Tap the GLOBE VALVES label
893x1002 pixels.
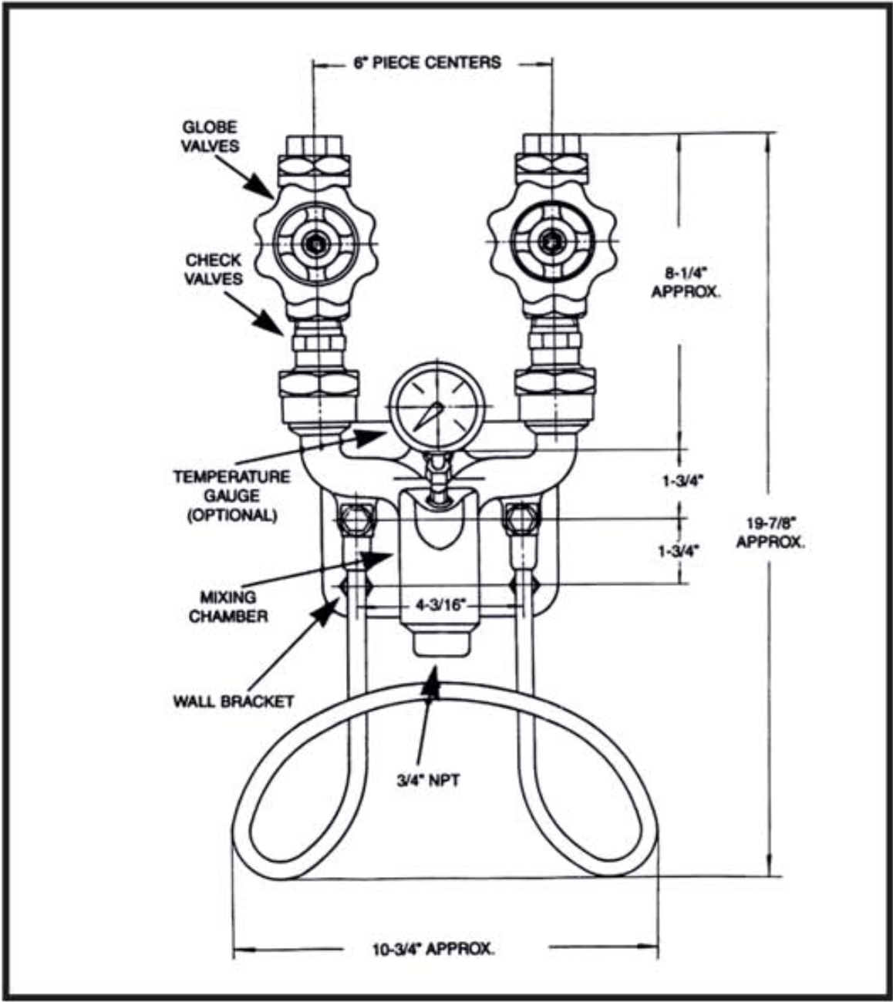pos(210,136)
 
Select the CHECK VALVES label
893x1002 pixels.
pos(213,269)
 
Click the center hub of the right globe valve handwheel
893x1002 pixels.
pos(551,242)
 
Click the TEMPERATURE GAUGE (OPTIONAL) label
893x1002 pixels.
pos(231,496)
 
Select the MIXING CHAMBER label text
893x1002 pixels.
pos(228,606)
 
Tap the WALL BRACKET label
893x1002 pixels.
pos(233,701)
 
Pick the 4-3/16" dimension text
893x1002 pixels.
pos(442,605)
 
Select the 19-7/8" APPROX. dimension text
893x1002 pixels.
pos(770,532)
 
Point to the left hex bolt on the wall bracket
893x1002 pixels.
pos(357,521)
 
